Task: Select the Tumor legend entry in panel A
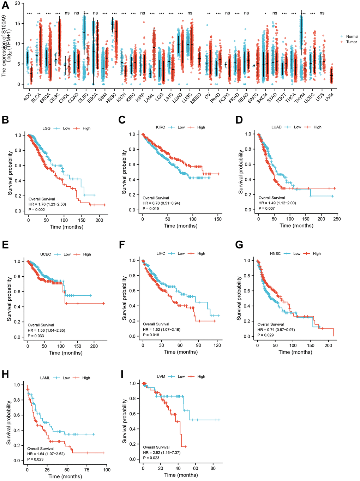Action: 351,42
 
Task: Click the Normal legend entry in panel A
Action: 352,37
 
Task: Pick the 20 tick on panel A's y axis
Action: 17,3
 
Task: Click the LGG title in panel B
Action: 46,128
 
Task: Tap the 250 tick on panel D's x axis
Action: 337,219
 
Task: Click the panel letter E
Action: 5,245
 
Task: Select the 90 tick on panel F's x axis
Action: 199,345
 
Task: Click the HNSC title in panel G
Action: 275,254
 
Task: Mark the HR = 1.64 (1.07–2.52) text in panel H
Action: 46,454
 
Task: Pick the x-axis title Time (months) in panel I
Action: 181,475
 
